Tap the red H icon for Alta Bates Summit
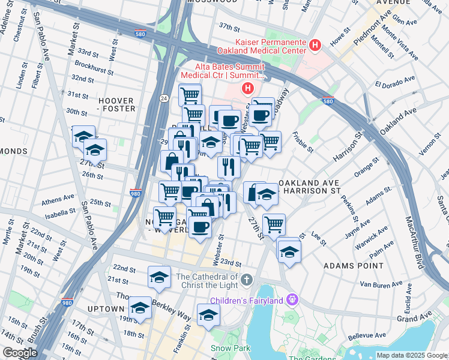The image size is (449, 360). tap(247, 89)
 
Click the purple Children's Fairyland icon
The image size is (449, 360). tap(292, 298)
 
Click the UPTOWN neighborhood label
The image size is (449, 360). tap(105, 308)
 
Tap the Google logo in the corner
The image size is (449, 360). tap(20, 353)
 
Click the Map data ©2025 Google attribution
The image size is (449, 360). tap(412, 355)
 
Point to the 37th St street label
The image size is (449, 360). tap(229, 27)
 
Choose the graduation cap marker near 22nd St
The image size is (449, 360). tap(159, 277)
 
